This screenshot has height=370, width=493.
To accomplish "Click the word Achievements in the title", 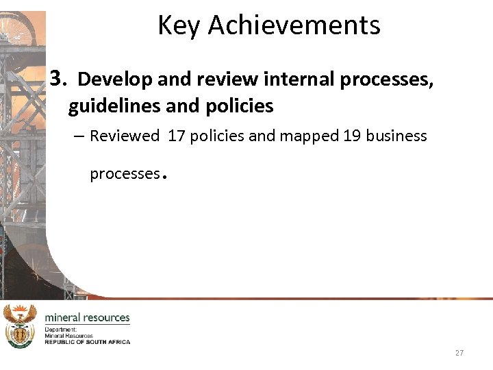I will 294,25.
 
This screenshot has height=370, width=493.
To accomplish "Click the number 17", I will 176,136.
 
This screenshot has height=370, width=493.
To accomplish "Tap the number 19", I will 351,136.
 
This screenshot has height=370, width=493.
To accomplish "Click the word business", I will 396,136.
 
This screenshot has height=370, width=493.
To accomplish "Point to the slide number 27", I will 459,353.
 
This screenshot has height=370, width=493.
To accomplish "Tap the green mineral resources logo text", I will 87,317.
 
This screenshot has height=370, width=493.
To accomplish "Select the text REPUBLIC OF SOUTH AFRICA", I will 87,341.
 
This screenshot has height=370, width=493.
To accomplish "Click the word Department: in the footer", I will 61,330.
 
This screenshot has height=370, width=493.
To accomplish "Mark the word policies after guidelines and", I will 242,106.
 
